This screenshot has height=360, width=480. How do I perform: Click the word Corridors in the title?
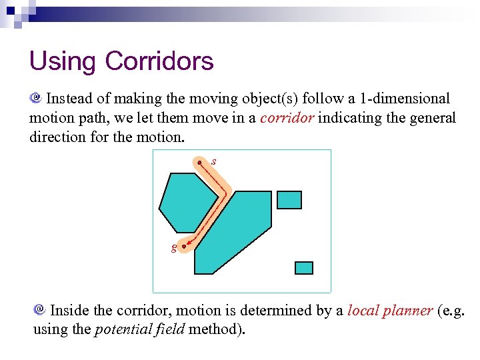[159, 61]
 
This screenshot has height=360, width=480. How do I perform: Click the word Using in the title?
[63, 62]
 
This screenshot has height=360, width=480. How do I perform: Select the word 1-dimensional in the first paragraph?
[405, 99]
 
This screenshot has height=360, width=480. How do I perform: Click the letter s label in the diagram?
[213, 161]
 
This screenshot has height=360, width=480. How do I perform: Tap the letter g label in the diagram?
[174, 248]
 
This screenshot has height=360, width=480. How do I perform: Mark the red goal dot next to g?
[183, 246]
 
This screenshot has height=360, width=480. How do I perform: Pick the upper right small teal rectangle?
[289, 199]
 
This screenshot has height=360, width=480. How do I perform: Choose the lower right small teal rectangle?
[304, 267]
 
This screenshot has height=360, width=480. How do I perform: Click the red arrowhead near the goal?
[189, 244]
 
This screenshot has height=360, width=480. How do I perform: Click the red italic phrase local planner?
[390, 311]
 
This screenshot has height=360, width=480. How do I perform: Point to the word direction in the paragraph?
[60, 137]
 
